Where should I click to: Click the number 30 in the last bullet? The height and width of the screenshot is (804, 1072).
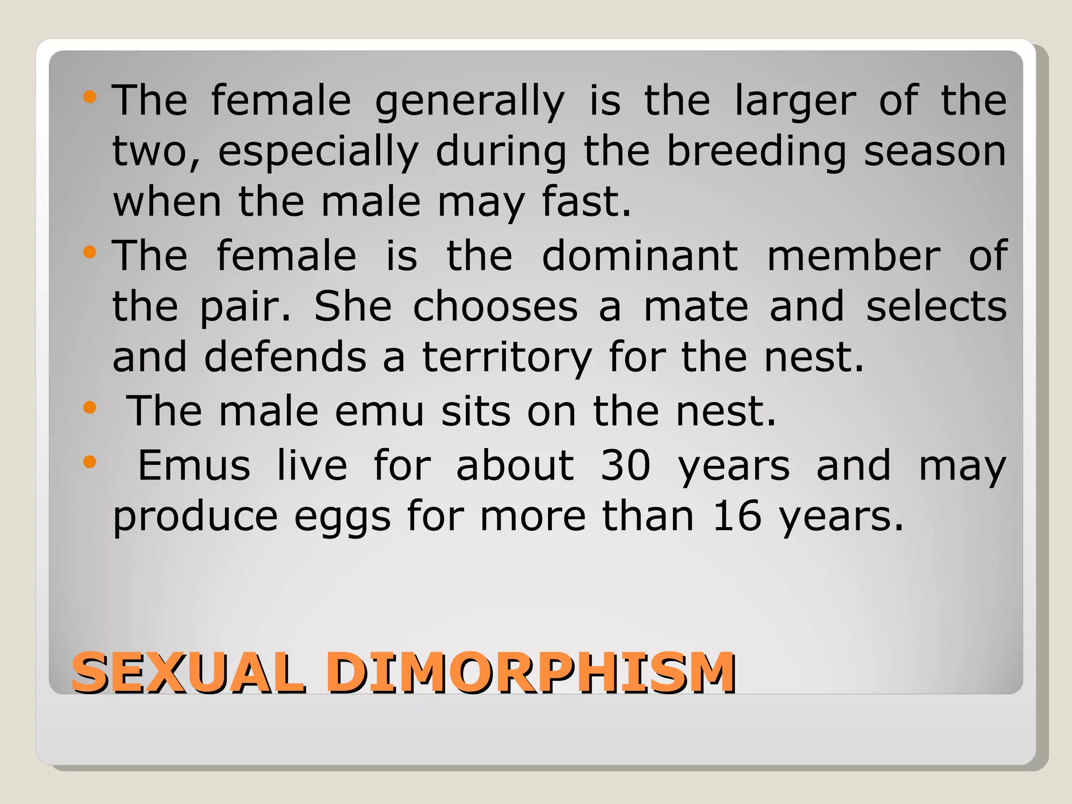(626, 465)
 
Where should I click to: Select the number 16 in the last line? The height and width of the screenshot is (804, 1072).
(737, 516)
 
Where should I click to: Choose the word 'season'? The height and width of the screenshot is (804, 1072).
(935, 152)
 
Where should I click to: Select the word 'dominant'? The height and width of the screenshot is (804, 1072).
(640, 256)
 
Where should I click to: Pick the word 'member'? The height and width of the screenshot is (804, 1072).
(854, 256)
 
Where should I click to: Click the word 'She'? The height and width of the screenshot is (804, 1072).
(353, 307)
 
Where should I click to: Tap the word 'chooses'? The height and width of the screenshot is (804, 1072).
(496, 307)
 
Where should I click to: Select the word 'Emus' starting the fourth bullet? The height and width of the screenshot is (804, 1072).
(194, 465)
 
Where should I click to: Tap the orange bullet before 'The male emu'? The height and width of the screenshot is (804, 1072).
(90, 407)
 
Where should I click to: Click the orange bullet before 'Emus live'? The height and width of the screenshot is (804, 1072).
(90, 461)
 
